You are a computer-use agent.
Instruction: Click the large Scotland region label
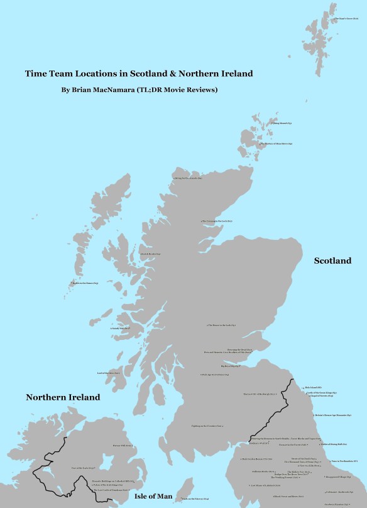pos(332,261)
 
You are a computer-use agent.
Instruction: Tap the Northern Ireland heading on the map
pos(63,398)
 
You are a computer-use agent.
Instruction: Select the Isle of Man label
pos(153,497)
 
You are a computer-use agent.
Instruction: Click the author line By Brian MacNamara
pos(139,90)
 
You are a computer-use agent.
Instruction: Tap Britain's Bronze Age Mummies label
pos(332,415)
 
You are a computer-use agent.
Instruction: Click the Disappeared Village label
pos(337,477)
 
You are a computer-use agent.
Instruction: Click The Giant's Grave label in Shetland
pos(346,18)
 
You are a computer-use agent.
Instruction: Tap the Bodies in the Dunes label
pos(85,283)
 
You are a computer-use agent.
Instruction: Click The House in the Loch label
pos(221,325)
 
